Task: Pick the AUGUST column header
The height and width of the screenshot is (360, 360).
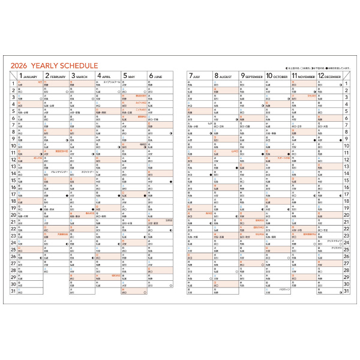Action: pos(226,77)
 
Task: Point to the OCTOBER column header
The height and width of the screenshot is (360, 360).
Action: pos(277,77)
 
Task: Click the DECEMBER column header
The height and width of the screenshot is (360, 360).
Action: pos(329,77)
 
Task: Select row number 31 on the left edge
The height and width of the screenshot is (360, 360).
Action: pos(13,292)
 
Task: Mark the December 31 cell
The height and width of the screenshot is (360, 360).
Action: pos(329,292)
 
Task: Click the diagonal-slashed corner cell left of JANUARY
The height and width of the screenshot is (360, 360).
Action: pos(13,76)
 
